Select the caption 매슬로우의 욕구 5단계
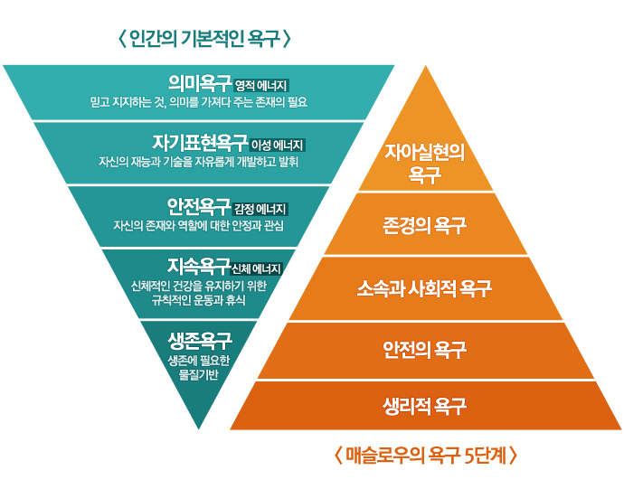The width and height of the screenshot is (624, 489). pyautogui.click(x=425, y=455)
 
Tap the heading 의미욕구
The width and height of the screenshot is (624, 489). pyautogui.click(x=200, y=85)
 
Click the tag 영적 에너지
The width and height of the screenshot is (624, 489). pyautogui.click(x=261, y=87)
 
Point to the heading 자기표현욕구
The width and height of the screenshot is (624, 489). pyautogui.click(x=200, y=143)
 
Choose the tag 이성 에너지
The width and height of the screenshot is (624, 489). pyautogui.click(x=279, y=146)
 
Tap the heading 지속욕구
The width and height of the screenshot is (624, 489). pyautogui.click(x=199, y=266)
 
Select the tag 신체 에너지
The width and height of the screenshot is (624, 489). pyautogui.click(x=258, y=268)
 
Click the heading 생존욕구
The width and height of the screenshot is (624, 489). pyautogui.click(x=199, y=342)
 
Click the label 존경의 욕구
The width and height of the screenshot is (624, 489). pyautogui.click(x=424, y=224)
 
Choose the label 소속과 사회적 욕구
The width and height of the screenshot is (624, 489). pyautogui.click(x=424, y=288)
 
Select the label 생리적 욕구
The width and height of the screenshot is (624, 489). pyautogui.click(x=424, y=405)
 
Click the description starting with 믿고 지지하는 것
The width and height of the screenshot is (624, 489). pyautogui.click(x=199, y=103)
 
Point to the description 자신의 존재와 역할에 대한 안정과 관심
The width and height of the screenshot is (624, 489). pyautogui.click(x=199, y=225)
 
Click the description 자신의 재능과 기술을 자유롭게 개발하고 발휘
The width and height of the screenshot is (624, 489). pyautogui.click(x=199, y=162)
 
